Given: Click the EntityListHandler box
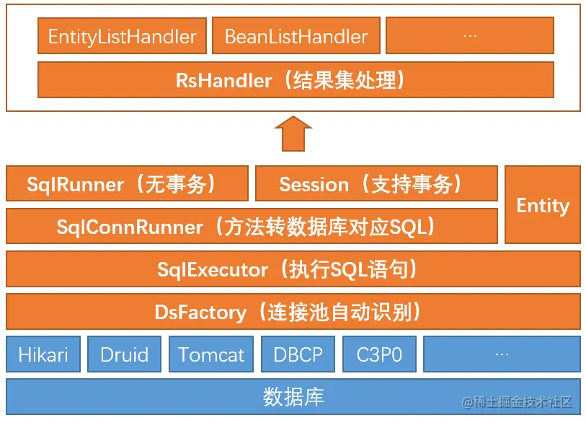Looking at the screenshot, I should point(122,36).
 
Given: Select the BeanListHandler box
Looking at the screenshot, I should point(296,36).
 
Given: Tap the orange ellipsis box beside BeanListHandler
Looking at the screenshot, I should point(470,36).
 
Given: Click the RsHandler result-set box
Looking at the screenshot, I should point(296,79).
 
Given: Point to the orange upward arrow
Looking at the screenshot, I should point(293,134).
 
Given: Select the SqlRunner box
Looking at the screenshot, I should point(127,184).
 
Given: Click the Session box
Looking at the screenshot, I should point(376,184).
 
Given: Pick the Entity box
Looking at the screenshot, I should point(543,205).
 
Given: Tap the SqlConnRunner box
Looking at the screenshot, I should point(251,227).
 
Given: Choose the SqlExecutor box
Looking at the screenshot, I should point(293,269).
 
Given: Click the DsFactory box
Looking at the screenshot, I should point(293,312).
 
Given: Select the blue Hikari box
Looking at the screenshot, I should point(43,354).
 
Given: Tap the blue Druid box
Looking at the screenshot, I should point(125,354).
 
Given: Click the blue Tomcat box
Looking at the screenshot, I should point(211,354).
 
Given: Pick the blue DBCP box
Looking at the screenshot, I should point(298,354).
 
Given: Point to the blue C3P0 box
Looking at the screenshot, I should point(379,354).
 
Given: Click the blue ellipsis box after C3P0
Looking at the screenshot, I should point(502,354).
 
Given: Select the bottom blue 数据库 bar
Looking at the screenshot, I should point(293,396).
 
